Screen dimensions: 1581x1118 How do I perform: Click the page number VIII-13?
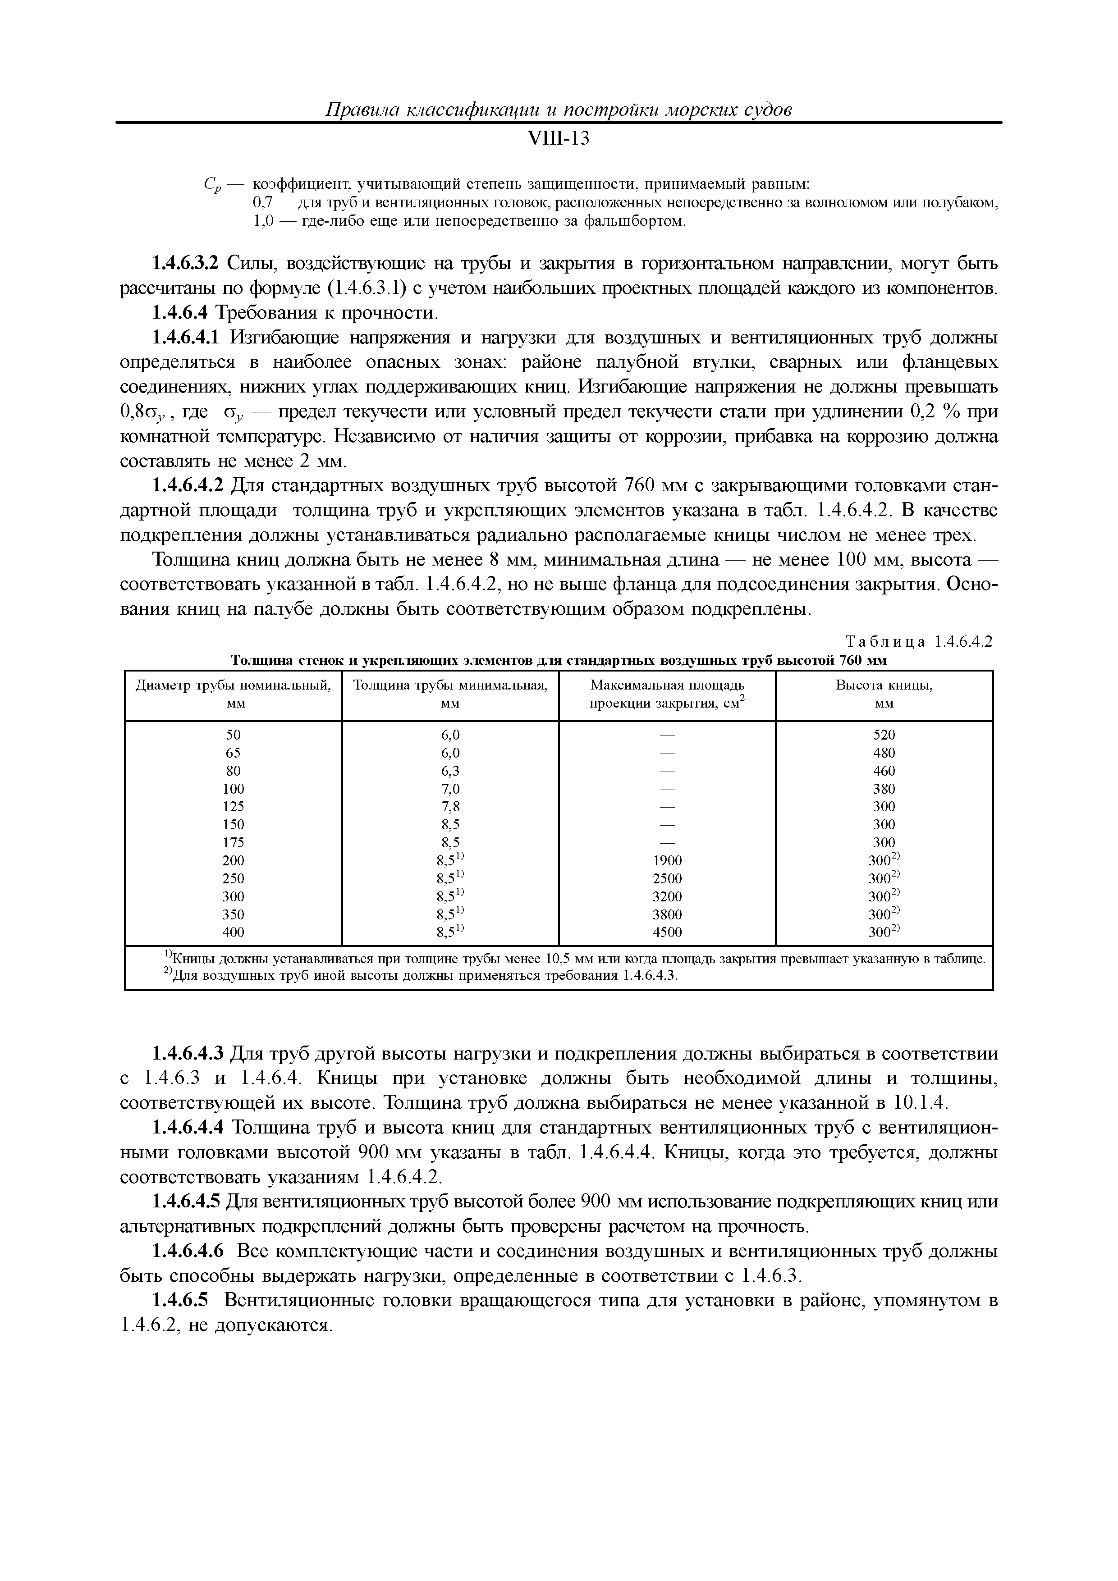coord(558,139)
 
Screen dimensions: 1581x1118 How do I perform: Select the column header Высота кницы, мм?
coord(884,694)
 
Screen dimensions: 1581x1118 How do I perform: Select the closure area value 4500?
coord(667,932)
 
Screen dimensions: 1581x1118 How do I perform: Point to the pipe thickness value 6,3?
coord(450,771)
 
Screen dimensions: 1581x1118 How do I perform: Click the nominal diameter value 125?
coord(234,806)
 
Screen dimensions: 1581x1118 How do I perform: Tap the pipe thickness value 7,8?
coord(450,806)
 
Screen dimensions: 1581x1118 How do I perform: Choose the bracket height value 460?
coord(884,771)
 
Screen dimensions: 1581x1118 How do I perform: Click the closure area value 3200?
coord(667,896)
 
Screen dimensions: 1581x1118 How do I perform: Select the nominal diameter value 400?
coord(234,932)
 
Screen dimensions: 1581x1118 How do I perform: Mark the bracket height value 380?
coord(884,788)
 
